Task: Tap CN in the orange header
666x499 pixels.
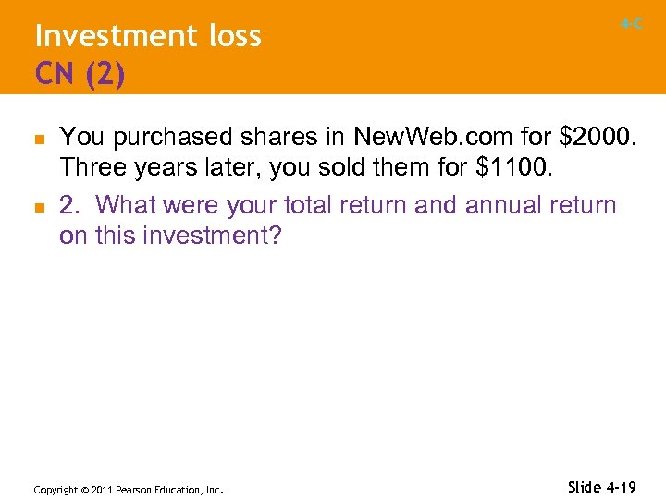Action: (55, 73)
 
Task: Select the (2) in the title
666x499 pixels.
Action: (105, 74)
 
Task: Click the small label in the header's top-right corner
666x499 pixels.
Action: (632, 24)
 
